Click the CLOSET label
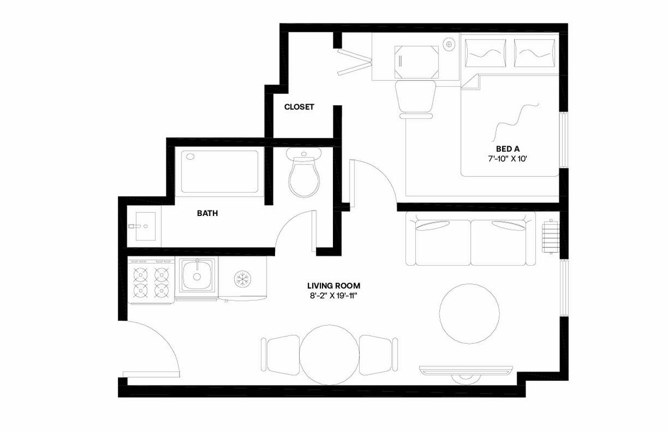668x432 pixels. tap(299, 107)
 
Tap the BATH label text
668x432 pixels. tap(207, 213)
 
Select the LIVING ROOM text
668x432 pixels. tap(333, 286)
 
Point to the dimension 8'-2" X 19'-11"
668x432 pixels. tap(333, 296)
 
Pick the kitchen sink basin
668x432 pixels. tap(197, 276)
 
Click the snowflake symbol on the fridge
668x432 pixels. tap(242, 279)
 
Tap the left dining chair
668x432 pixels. tap(281, 355)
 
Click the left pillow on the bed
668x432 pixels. tap(485, 53)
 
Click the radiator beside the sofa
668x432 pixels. tap(550, 236)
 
